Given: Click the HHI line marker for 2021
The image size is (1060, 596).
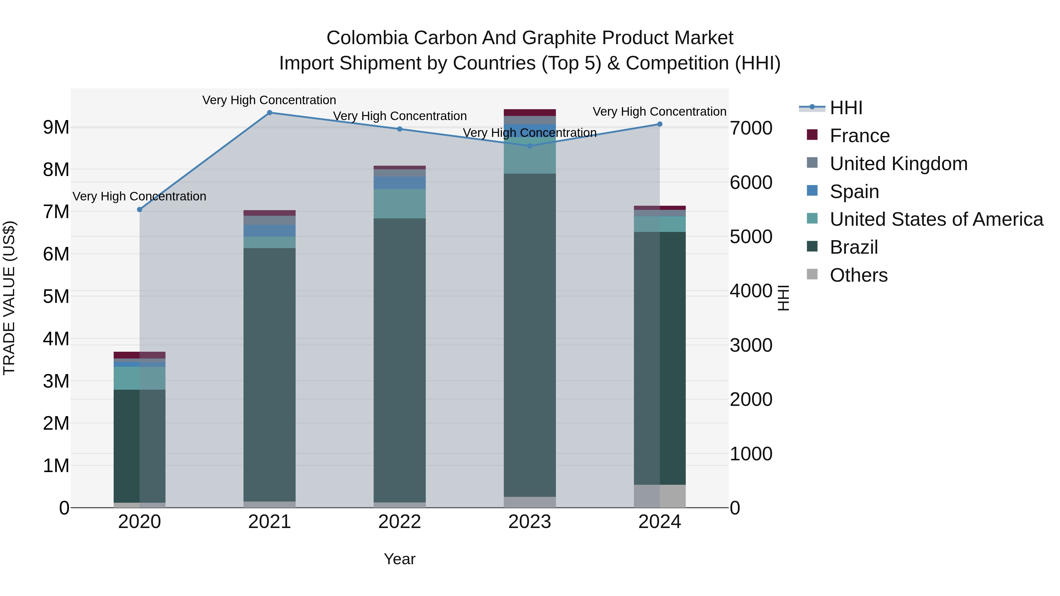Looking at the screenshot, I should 269,113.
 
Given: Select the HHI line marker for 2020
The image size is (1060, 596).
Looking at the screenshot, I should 140,210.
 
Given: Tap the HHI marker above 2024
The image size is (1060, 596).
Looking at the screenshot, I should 660,124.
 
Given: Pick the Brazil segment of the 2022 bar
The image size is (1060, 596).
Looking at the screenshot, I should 400,360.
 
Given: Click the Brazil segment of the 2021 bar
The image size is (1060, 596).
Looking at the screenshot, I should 269,374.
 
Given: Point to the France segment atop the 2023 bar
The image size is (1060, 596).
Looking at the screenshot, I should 530,113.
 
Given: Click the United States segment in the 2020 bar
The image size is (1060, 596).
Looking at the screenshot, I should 140,378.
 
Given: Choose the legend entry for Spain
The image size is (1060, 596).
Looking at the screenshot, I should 854,192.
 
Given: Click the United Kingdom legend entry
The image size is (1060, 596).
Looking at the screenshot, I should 898,164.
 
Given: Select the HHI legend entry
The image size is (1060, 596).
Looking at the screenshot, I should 846,108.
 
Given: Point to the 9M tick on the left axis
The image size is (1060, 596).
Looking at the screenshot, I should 56,127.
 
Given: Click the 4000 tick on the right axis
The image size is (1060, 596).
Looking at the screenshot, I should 751,291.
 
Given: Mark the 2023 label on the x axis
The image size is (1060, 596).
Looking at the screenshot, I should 530,522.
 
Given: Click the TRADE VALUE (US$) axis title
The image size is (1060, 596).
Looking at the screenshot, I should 9,298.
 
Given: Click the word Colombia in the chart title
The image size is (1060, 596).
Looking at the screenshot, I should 367,38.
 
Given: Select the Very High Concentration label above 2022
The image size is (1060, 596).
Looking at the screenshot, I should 400,116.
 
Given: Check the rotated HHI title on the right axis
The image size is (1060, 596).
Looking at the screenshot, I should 784,298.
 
